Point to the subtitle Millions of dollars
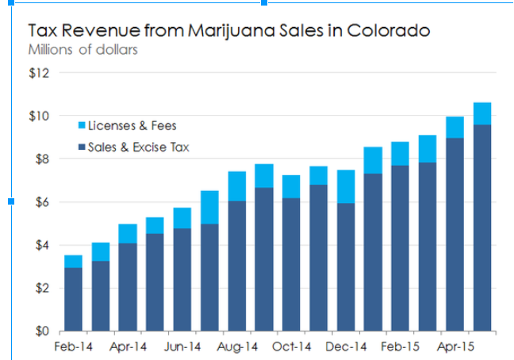pos(82,50)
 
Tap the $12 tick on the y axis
pos(39,73)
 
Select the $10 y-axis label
pos(39,116)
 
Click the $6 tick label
pos(41,202)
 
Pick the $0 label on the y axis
pos(41,331)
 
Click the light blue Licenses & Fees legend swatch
pos(79,125)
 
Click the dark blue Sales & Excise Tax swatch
pos(79,147)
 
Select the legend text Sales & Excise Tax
pos(139,147)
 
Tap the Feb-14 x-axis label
pos(72,347)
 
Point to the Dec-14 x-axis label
pos(346,347)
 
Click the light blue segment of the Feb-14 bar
pos(73,261)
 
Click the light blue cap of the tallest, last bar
pos(482,113)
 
